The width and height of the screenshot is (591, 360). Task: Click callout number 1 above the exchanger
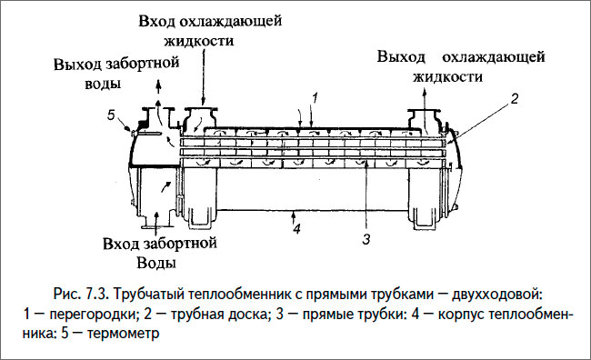pos(313,95)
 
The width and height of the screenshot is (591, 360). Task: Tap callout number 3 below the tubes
pos(366,240)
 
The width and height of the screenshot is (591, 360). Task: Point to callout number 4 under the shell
pos(295,229)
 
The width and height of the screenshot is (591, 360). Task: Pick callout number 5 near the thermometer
pos(110,115)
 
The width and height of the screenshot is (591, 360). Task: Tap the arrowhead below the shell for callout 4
pos(295,214)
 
